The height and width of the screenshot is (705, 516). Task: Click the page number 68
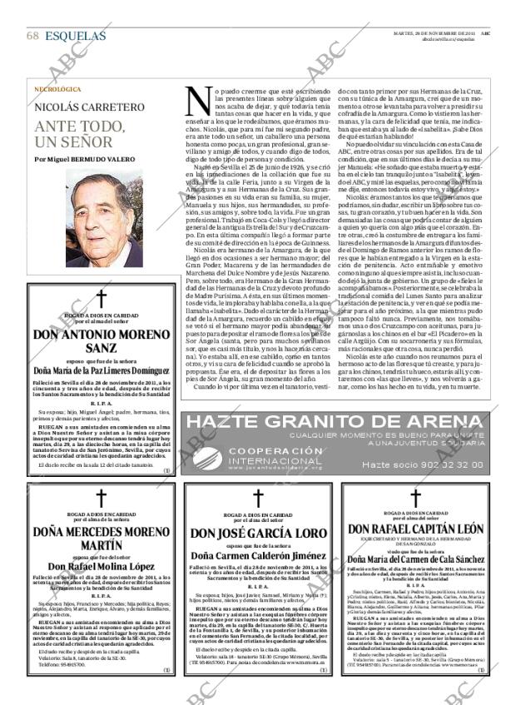pos(32,37)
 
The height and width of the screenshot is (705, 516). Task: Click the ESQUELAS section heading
pos(76,37)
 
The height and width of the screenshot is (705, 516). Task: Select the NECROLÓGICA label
pos(57,89)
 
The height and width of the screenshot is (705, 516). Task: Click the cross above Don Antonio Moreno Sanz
pos(101,300)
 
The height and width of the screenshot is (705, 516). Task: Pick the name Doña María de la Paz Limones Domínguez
pos(101,370)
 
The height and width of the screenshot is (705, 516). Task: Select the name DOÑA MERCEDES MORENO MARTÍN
pos(101,539)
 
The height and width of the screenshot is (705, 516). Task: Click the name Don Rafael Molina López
pos(101,567)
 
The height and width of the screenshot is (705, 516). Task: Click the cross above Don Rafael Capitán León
pos(415,498)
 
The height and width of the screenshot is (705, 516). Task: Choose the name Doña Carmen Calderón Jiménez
pos(258,554)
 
